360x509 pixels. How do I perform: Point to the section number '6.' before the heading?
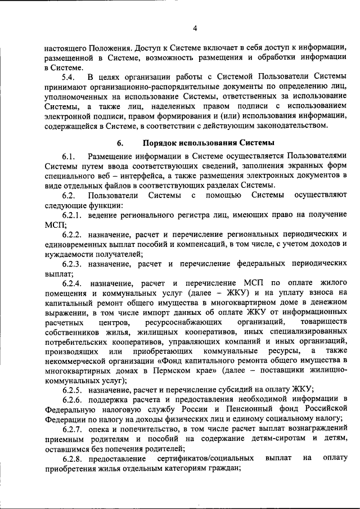(120, 143)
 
